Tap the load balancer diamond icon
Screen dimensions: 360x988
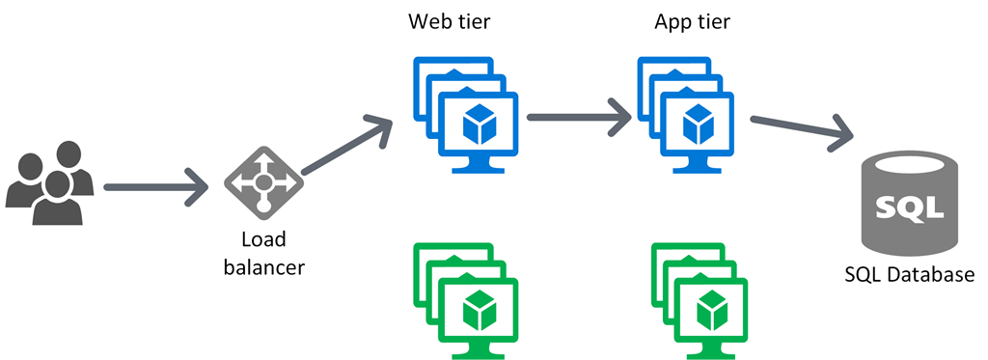pos(263,182)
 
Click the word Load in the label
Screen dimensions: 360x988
pos(263,238)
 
